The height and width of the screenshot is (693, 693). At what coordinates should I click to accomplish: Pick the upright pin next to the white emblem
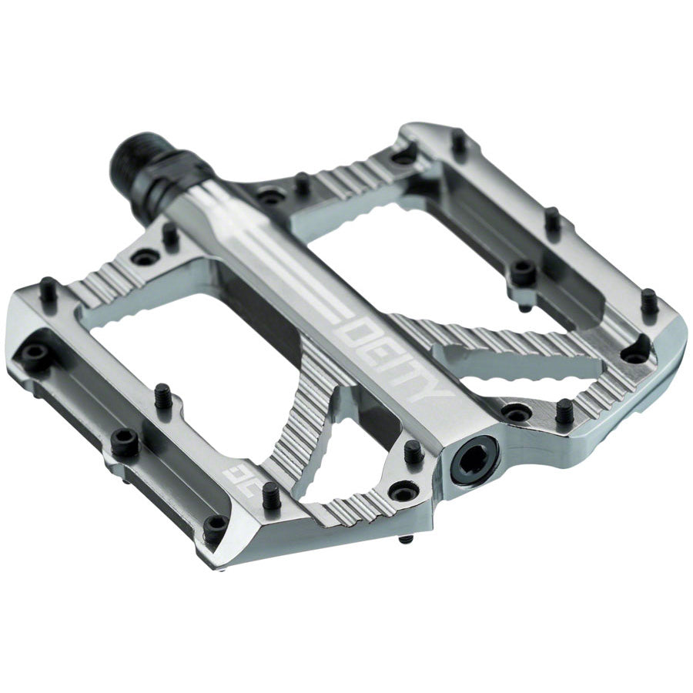pyautogui.click(x=271, y=496)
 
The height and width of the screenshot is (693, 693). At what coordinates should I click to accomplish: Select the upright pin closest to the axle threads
pyautogui.click(x=169, y=235)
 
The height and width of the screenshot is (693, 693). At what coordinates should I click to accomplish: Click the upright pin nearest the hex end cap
pyautogui.click(x=413, y=452)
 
